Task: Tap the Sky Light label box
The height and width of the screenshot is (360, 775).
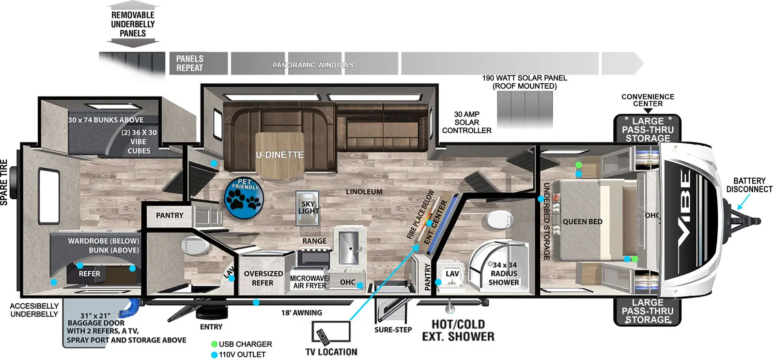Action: tap(308, 208)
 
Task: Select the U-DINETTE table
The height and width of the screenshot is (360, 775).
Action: tap(279, 155)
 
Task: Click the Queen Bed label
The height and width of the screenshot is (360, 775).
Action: tap(582, 221)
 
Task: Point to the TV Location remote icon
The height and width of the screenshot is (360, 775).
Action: tap(323, 335)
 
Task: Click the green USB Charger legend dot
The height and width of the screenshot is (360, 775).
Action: tap(214, 344)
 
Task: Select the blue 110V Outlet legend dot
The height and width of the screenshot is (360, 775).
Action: tap(214, 355)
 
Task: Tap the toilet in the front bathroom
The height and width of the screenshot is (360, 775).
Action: tap(495, 219)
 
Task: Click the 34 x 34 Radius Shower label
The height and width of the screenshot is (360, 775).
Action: tap(504, 274)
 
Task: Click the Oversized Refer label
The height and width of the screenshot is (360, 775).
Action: tap(263, 278)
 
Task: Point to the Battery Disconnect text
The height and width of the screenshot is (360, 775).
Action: tap(749, 185)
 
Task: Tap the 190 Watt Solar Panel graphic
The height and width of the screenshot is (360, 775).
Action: tap(525, 109)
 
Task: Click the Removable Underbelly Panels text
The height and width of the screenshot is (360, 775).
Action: tap(133, 24)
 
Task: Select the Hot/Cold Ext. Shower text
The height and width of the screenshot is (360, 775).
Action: tap(458, 330)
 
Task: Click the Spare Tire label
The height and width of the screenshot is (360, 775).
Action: tap(4, 182)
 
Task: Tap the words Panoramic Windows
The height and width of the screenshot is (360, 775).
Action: tap(312, 65)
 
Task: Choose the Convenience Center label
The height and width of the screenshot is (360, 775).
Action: tap(648, 100)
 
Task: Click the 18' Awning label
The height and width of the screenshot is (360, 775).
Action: tap(301, 313)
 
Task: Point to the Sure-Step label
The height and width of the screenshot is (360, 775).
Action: tap(393, 330)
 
